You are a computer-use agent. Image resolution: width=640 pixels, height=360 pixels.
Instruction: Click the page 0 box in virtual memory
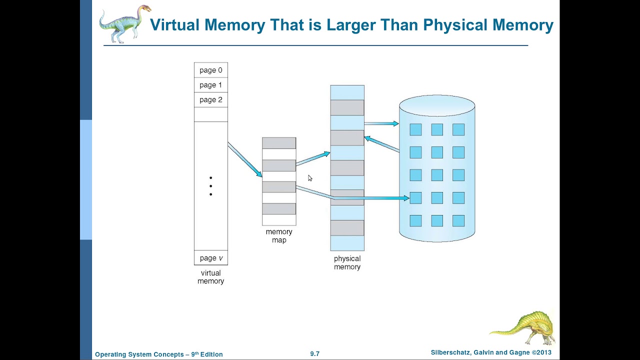pos(210,70)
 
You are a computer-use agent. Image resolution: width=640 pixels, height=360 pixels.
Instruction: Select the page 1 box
pos(210,85)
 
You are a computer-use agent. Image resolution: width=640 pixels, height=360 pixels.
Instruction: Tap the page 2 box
pos(210,100)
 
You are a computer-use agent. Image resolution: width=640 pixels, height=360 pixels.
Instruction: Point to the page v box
pos(210,258)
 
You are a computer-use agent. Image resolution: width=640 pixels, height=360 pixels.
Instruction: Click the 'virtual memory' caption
pos(210,277)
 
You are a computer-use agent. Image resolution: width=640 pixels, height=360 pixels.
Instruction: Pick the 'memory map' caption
pos(279,236)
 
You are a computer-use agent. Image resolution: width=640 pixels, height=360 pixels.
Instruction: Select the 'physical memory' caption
pos(347,262)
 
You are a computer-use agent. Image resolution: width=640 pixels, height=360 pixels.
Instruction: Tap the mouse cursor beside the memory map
pos(310,178)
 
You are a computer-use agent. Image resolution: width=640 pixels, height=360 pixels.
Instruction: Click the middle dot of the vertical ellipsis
pos(211,186)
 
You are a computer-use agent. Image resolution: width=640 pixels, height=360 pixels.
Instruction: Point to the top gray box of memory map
pos(279,143)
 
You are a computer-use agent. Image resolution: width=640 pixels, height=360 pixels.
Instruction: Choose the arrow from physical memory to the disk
pos(381,123)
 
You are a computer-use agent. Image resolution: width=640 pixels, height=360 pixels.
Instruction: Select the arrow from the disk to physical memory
pos(382,144)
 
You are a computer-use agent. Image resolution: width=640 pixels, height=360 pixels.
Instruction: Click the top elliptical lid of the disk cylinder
pos(437,105)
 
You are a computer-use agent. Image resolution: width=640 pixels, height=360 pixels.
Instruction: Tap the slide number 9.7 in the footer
pos(314,353)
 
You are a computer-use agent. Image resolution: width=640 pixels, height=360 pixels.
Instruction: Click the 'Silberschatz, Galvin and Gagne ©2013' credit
pos(491,352)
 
